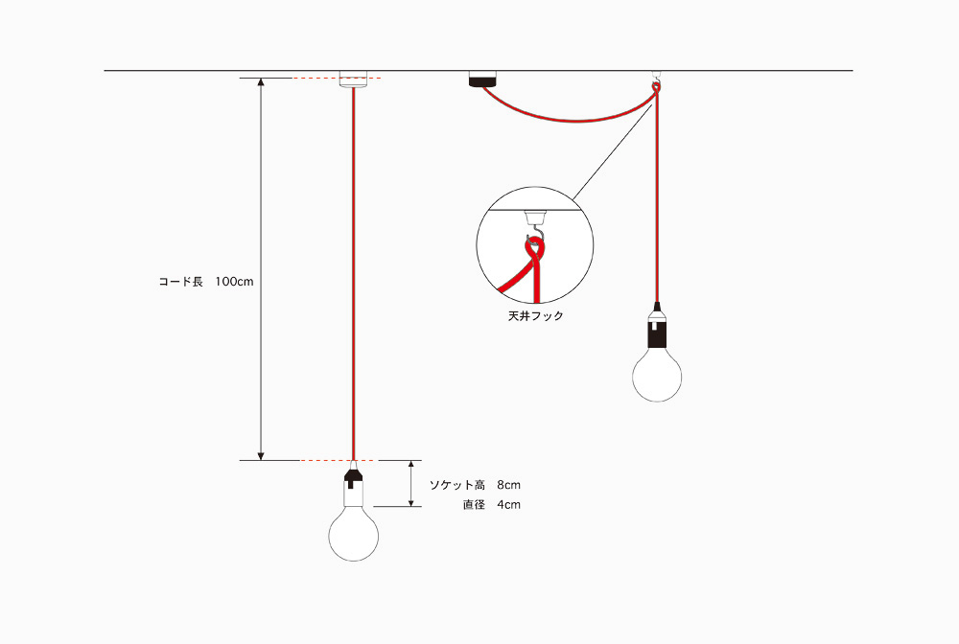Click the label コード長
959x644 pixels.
(180, 282)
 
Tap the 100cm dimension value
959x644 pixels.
(234, 282)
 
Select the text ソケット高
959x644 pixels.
(456, 485)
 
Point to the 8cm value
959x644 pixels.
(509, 485)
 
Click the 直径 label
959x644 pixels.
(474, 505)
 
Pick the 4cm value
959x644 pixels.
(509, 505)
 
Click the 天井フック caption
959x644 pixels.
(535, 316)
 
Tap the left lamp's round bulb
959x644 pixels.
(354, 536)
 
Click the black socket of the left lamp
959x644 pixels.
(354, 477)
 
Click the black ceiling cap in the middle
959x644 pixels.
(482, 79)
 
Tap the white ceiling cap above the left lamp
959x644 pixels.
(354, 79)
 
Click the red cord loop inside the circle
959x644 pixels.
(533, 249)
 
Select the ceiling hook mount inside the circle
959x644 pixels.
(535, 218)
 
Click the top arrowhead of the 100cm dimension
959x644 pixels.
(261, 82)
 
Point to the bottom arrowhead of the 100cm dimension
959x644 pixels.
(261, 456)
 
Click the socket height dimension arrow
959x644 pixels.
(411, 483)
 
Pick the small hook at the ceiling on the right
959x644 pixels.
(657, 78)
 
